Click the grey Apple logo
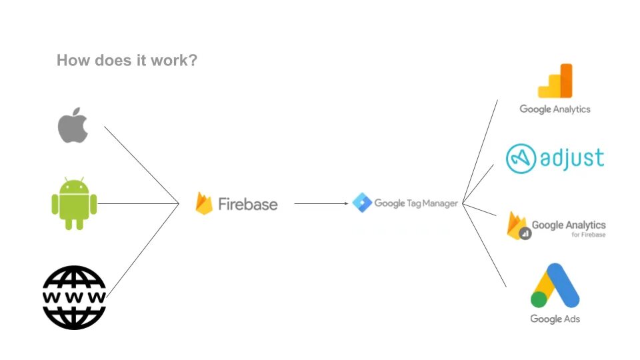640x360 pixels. click(x=73, y=125)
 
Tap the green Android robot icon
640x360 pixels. click(x=74, y=203)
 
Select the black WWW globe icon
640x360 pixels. click(x=74, y=297)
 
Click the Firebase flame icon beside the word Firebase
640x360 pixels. click(x=204, y=203)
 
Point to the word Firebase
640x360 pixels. click(x=247, y=204)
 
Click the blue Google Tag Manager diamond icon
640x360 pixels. click(x=361, y=203)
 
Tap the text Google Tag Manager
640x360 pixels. click(x=416, y=203)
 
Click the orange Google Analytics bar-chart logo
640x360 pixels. click(x=555, y=81)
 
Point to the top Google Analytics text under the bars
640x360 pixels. click(x=555, y=109)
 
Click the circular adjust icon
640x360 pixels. click(x=521, y=159)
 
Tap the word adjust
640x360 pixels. click(x=573, y=159)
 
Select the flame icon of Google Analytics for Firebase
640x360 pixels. click(x=517, y=225)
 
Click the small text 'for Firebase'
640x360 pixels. click(x=589, y=235)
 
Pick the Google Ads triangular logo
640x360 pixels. click(x=555, y=285)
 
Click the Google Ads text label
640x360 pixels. click(x=555, y=319)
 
